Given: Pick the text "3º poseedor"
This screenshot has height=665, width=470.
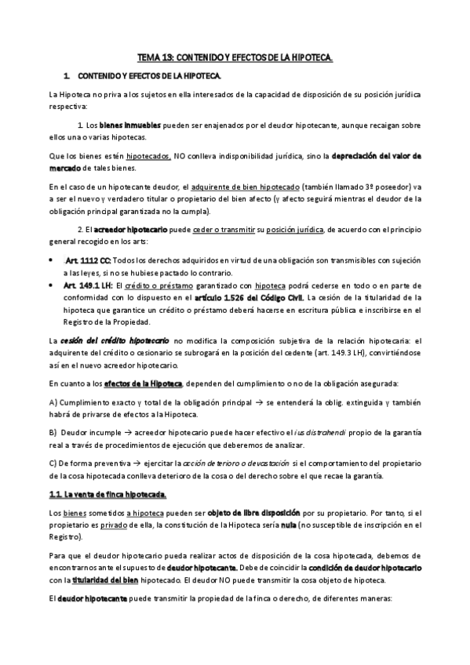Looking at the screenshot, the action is (386, 187).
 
